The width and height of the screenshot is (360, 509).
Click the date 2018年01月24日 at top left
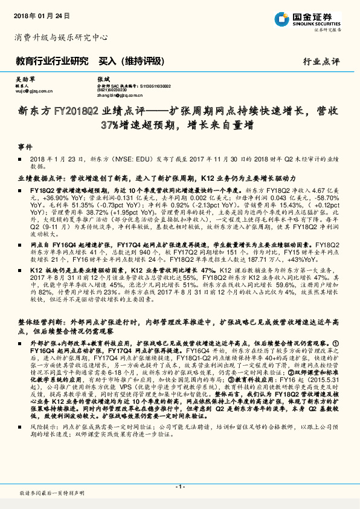pyautogui.click(x=40, y=14)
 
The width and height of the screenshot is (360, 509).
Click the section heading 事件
pyautogui.click(x=25, y=147)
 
